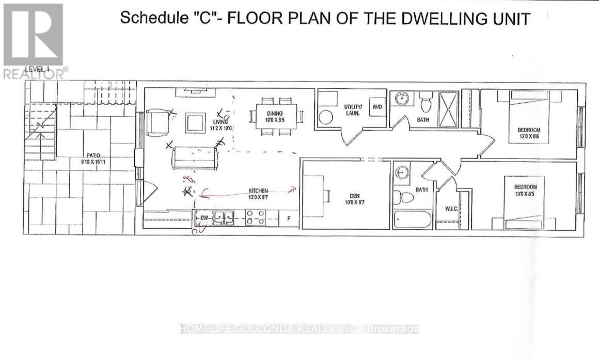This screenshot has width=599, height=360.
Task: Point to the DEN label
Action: coord(354,195)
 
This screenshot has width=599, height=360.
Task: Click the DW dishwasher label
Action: coord(204,218)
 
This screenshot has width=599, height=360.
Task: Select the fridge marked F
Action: coord(289,219)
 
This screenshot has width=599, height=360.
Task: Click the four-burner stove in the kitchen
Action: coord(256,217)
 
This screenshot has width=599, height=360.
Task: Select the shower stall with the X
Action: coord(448,108)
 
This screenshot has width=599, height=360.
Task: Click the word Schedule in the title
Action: coord(147,18)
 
